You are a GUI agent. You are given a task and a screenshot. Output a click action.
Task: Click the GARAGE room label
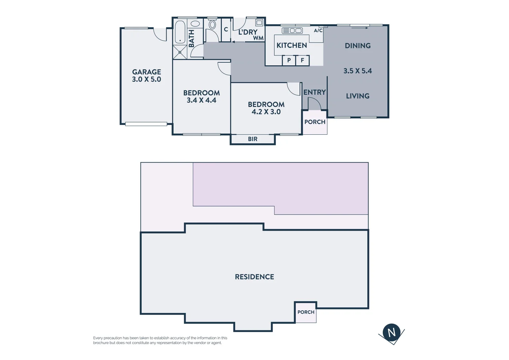(x=147, y=72)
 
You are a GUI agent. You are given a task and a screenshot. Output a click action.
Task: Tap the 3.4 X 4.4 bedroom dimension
(x=201, y=100)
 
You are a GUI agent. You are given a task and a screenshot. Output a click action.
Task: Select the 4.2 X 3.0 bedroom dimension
(x=266, y=112)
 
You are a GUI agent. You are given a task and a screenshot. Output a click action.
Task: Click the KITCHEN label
(x=291, y=45)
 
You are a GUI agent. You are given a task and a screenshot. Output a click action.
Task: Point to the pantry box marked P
(x=289, y=60)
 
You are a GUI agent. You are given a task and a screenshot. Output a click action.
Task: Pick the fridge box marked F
(x=302, y=60)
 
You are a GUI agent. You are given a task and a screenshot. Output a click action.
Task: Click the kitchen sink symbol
(x=292, y=31)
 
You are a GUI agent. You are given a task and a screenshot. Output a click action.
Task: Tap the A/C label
(x=318, y=31)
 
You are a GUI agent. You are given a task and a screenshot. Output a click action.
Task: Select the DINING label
(x=357, y=46)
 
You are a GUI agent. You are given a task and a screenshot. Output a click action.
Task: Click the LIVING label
(x=357, y=96)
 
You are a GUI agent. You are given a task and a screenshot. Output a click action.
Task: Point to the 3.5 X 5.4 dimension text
(x=357, y=71)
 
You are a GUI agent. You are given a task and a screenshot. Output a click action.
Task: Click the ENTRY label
(x=314, y=92)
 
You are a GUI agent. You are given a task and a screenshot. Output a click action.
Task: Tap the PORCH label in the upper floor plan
(x=315, y=122)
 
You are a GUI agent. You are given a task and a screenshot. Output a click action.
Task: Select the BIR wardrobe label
(x=253, y=139)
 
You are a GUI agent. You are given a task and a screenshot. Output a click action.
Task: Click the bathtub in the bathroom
(x=180, y=32)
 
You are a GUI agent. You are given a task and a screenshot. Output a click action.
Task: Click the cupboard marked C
(x=226, y=30)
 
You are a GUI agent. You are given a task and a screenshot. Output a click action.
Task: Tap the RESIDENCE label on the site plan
(x=254, y=277)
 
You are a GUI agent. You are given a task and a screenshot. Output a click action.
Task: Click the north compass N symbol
(x=391, y=332)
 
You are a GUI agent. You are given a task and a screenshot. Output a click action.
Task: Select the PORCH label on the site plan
(x=306, y=312)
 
